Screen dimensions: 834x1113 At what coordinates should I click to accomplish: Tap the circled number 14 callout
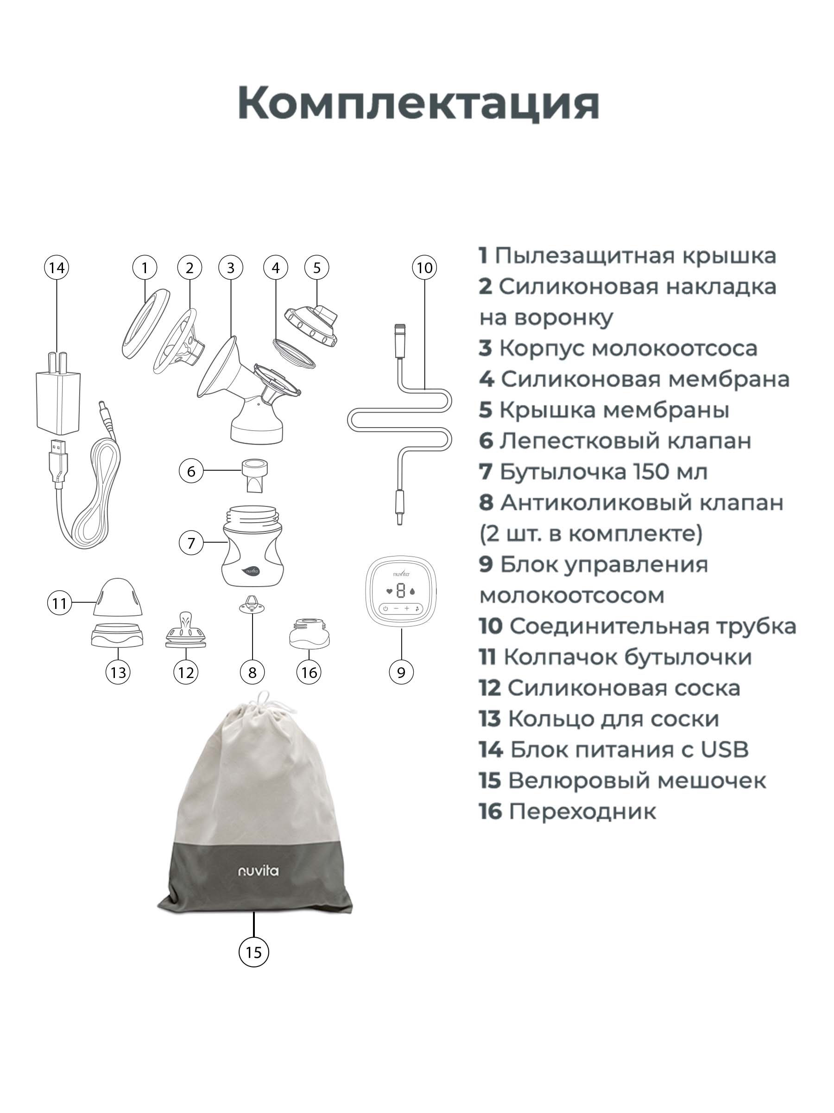[x=57, y=268]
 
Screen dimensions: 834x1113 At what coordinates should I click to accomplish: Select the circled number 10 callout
[x=424, y=268]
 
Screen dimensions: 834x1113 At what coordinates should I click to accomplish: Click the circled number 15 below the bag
[x=253, y=952]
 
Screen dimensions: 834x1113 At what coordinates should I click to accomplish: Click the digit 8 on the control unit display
[x=401, y=591]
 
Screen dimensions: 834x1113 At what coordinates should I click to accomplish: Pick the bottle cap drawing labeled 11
[x=118, y=597]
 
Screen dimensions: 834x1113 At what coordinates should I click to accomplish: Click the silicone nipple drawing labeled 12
[x=185, y=630]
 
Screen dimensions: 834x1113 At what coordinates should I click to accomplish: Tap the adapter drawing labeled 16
[x=309, y=633]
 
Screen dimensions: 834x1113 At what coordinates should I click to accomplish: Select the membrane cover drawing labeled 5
[x=311, y=326]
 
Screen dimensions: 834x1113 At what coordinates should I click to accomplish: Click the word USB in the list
[x=724, y=750]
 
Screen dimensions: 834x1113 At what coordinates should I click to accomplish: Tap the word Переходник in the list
[x=582, y=812]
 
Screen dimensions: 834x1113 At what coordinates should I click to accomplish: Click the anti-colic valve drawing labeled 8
[x=253, y=605]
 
